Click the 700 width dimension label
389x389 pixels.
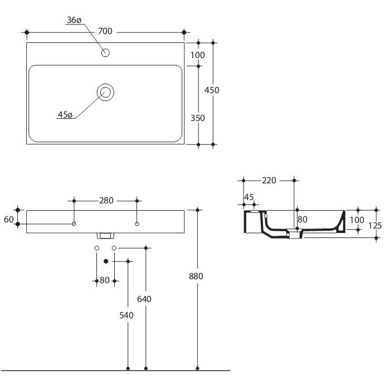(105, 31)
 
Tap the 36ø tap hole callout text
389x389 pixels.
(74, 20)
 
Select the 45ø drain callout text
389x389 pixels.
(65, 115)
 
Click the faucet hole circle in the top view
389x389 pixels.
(105, 52)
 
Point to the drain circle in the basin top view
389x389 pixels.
(105, 93)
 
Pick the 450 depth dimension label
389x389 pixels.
(212, 90)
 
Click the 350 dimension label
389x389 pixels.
(198, 118)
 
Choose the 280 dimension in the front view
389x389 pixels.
(106, 201)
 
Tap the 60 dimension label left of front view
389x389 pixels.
(9, 220)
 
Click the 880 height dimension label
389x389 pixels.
(196, 276)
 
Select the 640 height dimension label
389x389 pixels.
(144, 299)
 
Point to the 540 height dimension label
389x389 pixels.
(127, 315)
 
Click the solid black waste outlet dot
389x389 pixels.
(106, 261)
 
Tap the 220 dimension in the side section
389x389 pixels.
(269, 181)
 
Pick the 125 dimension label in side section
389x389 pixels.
(375, 226)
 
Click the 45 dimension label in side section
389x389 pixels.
(249, 197)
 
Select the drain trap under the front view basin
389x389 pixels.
(105, 236)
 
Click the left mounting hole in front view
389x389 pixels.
(74, 224)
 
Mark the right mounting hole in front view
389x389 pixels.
(137, 224)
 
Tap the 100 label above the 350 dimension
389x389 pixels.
(197, 55)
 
